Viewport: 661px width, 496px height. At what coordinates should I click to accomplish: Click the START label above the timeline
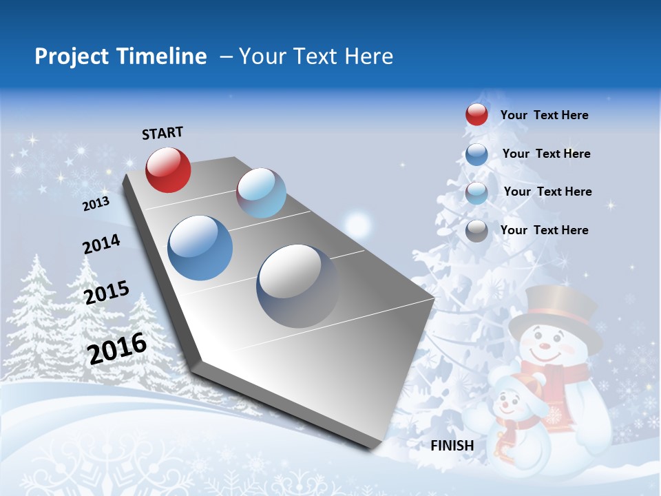point(162,133)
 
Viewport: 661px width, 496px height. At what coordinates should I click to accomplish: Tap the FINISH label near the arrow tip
point(452,446)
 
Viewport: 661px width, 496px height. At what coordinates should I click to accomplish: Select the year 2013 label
point(96,203)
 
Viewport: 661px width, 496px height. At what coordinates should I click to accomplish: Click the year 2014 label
point(101,245)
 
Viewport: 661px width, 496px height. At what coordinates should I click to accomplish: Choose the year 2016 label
point(117,348)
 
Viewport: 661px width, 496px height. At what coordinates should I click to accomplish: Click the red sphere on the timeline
point(168,169)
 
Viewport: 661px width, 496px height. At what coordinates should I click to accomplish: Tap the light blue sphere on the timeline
point(261,193)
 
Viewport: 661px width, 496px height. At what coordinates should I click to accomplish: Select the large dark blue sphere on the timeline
point(200,248)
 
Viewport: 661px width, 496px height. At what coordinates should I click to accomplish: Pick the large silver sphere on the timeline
point(297,286)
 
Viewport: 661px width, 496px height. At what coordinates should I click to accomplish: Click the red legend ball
point(476,114)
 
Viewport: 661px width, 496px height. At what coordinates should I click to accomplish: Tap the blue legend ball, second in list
point(476,154)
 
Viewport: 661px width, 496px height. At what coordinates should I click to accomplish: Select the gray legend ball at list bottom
point(476,231)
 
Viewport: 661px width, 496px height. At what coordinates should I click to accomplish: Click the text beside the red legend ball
point(544,115)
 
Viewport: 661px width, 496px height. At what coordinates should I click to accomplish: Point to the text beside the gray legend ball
point(544,230)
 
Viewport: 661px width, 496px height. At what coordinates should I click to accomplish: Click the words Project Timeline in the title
point(120,56)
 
